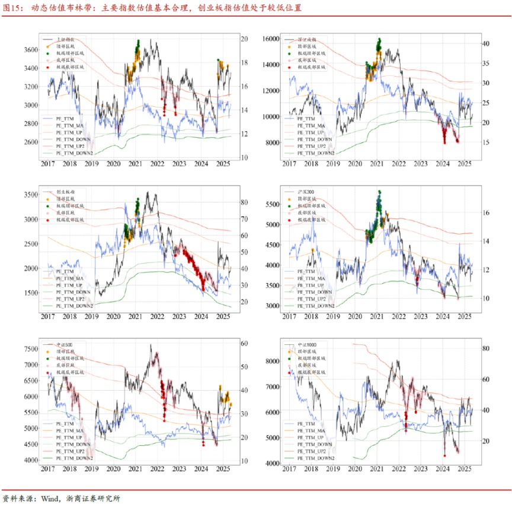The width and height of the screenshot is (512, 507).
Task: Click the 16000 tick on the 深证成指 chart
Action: [x=270, y=39]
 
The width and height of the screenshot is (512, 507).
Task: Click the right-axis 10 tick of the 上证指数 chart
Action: [x=243, y=157]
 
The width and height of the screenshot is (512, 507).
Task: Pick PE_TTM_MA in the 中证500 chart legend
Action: [x=71, y=429]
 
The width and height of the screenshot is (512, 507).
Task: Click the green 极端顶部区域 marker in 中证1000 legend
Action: [x=290, y=359]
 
